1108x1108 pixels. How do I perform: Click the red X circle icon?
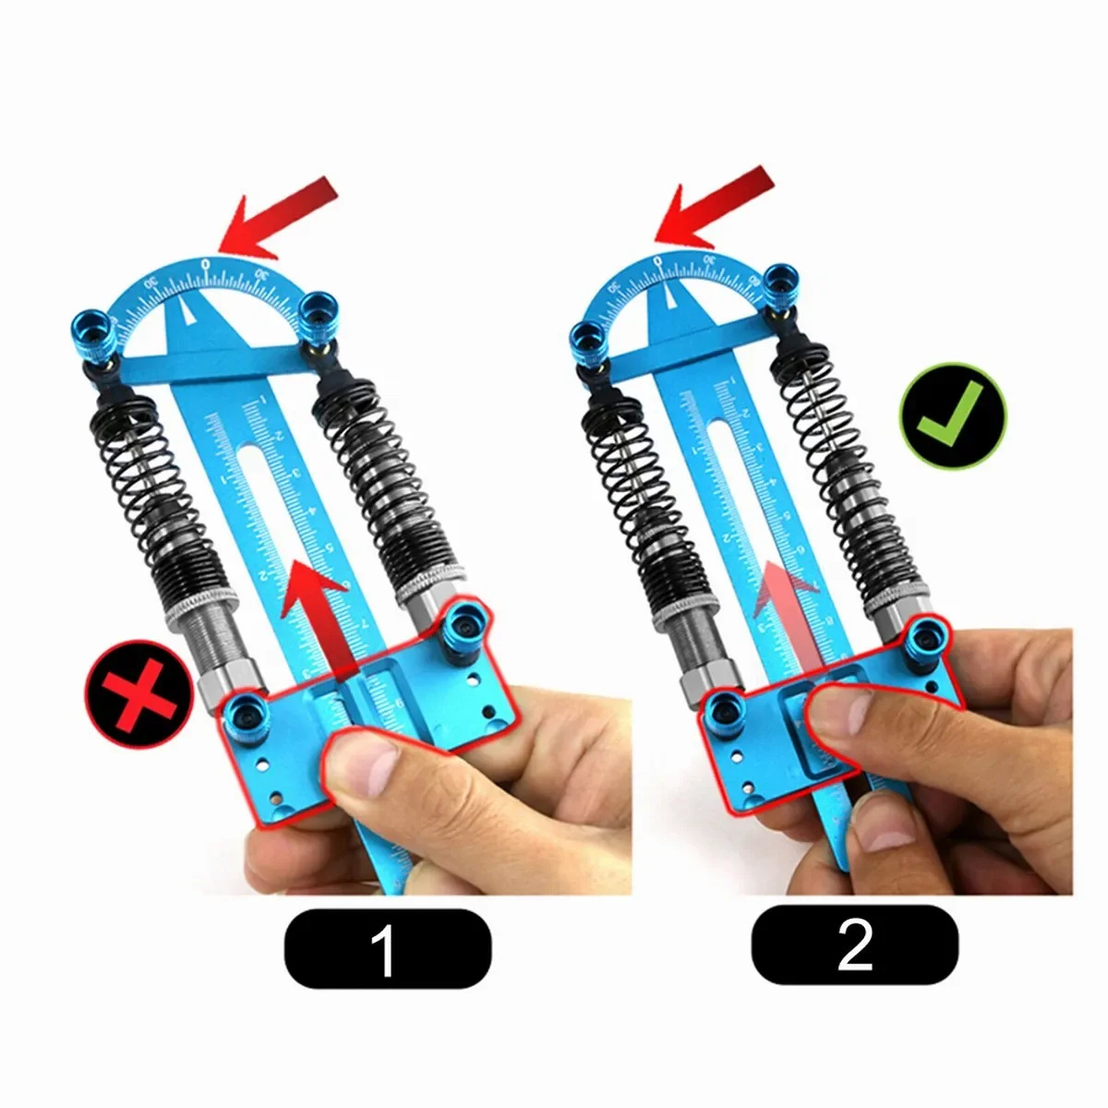(x=130, y=694)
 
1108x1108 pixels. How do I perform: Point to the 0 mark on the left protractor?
(x=205, y=265)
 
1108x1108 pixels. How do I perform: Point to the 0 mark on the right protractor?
(x=657, y=261)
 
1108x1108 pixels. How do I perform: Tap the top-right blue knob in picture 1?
(x=319, y=313)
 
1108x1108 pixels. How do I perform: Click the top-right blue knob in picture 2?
(x=784, y=281)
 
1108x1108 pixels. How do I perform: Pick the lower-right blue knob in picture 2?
(x=924, y=635)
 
